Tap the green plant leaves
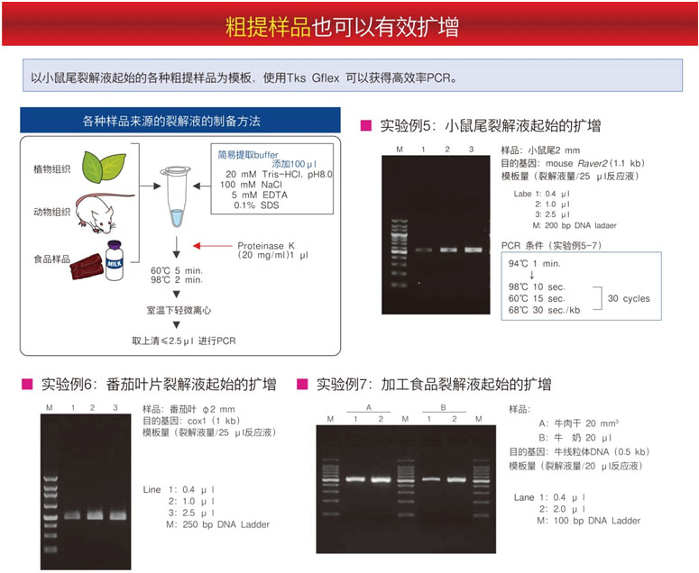pos(105,167)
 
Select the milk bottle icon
pos(115,260)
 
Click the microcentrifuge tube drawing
pos(177,196)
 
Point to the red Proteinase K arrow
pos(213,246)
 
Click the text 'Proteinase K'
pos(266,246)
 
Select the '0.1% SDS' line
pos(256,205)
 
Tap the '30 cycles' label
pos(629,298)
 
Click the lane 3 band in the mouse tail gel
pos(473,250)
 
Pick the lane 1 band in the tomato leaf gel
pos(72,515)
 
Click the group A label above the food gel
pos(369,407)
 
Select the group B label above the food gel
pos(443,407)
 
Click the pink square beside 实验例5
pos(365,125)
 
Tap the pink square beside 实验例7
pos(302,384)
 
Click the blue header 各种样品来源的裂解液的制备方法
pos(180,120)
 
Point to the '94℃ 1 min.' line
pos(535,264)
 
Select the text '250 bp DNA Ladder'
pos(226,524)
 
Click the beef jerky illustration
pos(87,267)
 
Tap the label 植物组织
pos(51,168)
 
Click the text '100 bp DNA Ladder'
pos(597,521)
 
